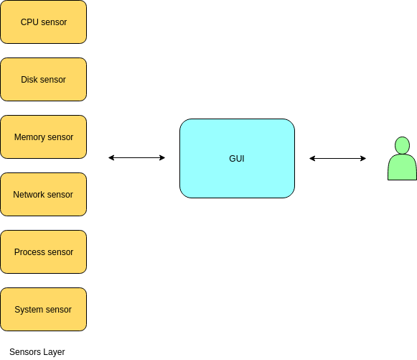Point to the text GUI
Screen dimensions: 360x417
coord(237,159)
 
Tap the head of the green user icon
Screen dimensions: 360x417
coord(402,144)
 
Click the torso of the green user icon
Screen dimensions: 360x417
coord(402,167)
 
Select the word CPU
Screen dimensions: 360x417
coord(29,22)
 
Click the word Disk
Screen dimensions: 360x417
coord(29,80)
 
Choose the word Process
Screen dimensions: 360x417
coord(29,252)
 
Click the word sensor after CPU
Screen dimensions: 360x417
coord(54,22)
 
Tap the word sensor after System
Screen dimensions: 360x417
coord(59,310)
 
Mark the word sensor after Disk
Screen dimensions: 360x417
coord(53,80)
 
